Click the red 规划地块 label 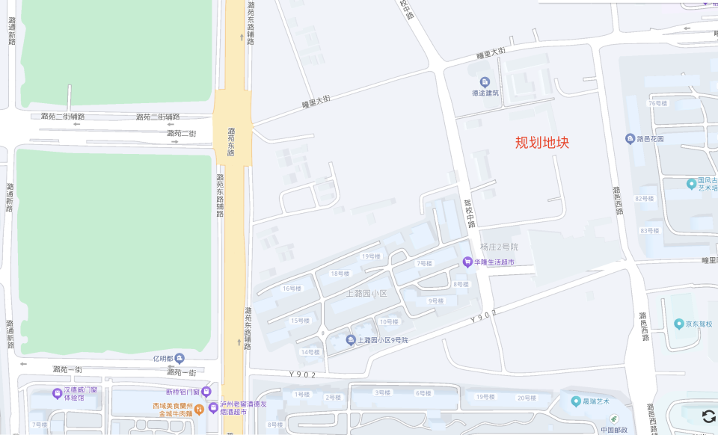(542, 142)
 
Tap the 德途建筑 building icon (485, 81)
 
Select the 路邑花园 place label (650, 139)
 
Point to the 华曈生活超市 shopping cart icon (468, 262)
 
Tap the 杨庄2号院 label (499, 247)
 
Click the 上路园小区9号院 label (381, 340)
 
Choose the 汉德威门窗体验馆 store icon (57, 393)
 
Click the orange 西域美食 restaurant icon (199, 408)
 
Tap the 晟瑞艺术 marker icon (576, 401)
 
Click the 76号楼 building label (657, 103)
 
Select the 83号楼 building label (648, 230)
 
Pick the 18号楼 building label (340, 274)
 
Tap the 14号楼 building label (310, 352)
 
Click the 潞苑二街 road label (181, 133)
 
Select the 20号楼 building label (526, 398)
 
